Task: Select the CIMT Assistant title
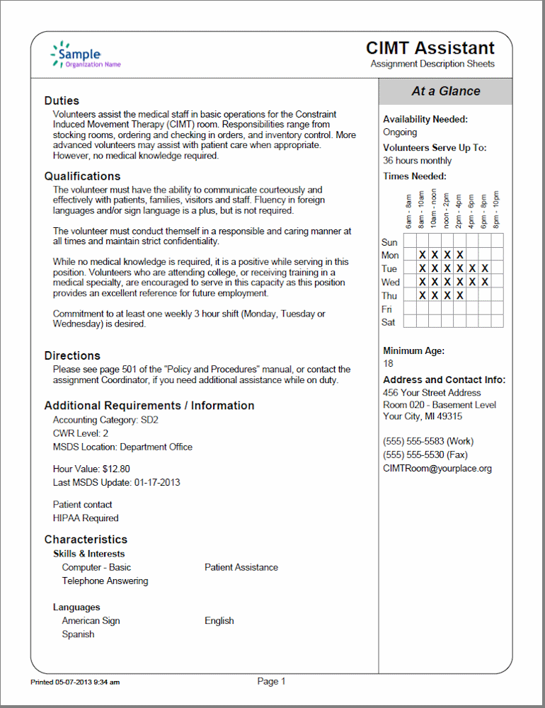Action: click(430, 48)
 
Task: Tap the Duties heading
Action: click(62, 101)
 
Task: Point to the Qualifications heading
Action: click(82, 176)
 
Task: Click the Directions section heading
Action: click(72, 355)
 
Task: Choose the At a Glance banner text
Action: click(445, 91)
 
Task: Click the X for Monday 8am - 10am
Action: click(423, 255)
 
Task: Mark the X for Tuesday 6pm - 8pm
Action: click(485, 268)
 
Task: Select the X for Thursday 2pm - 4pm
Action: click(460, 295)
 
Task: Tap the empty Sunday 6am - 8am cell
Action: click(410, 241)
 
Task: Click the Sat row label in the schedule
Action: click(389, 322)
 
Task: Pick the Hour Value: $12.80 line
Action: click(91, 469)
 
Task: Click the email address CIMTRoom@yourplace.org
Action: click(437, 468)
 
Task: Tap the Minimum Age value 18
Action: click(388, 363)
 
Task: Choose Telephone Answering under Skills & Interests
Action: click(105, 581)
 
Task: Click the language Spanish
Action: click(78, 634)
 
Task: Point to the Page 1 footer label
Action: click(271, 681)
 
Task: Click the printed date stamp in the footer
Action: click(75, 683)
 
